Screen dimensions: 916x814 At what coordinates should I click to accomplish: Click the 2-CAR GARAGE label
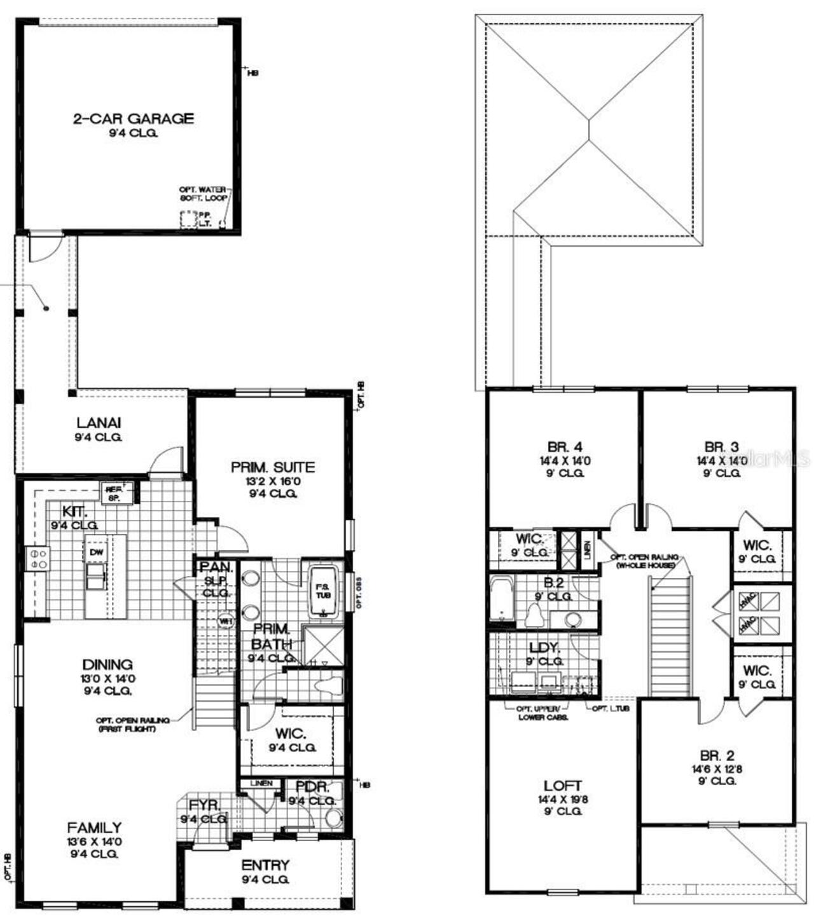pos(133,118)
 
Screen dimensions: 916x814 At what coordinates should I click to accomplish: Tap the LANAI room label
pos(99,423)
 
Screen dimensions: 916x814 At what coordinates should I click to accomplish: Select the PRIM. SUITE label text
pos(272,467)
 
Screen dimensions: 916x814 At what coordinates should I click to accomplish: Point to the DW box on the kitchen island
pos(97,552)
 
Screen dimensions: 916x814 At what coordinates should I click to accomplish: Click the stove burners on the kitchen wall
pos(37,558)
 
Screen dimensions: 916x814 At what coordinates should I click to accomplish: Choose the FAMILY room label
pos(94,828)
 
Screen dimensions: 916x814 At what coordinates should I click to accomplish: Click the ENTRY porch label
pos(265,865)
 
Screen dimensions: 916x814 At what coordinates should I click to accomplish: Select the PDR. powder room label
pos(312,787)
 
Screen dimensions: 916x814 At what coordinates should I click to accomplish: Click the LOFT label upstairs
pos(563,786)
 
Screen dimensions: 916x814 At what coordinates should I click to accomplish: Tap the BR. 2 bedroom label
pos(717,755)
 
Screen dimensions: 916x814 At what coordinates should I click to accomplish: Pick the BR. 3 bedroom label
pos(721,446)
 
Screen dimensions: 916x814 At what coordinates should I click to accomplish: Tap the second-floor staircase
pos(669,636)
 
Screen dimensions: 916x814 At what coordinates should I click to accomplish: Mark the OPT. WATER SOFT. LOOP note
pos(204,194)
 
